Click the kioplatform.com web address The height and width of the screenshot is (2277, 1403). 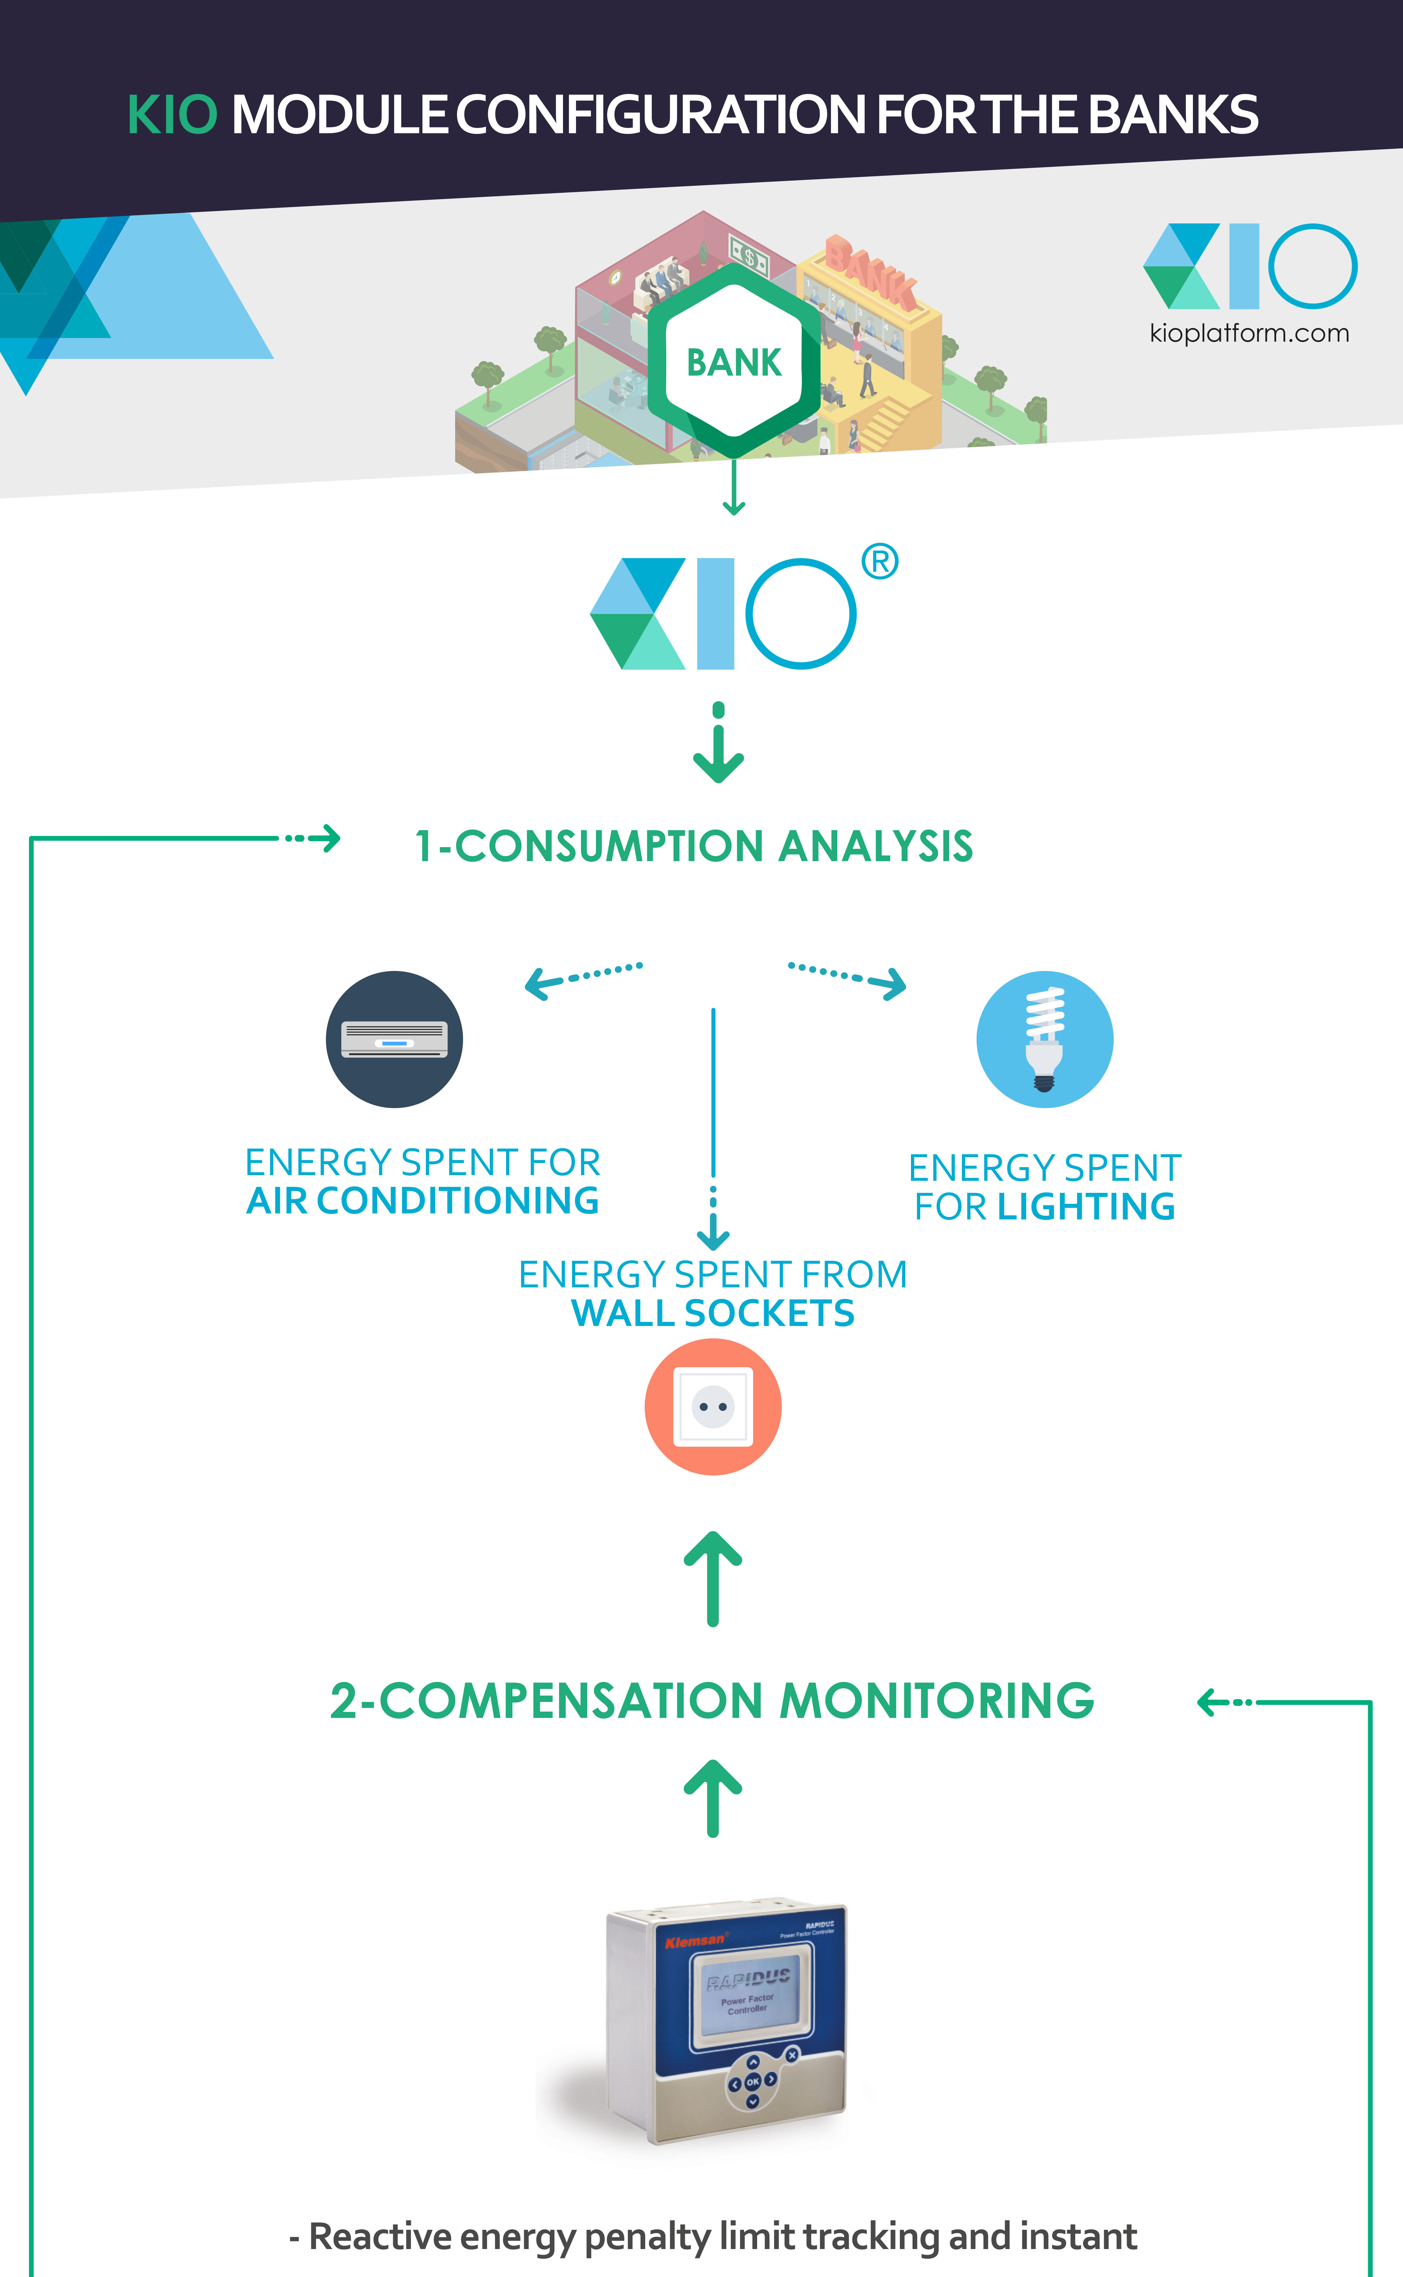(x=1249, y=333)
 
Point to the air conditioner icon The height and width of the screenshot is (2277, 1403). (x=394, y=1039)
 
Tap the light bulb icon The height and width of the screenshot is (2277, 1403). (x=1045, y=1039)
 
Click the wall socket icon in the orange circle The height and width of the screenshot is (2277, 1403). (x=712, y=1407)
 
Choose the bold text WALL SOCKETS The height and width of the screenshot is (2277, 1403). (x=712, y=1313)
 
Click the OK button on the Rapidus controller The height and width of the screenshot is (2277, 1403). (x=752, y=2081)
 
